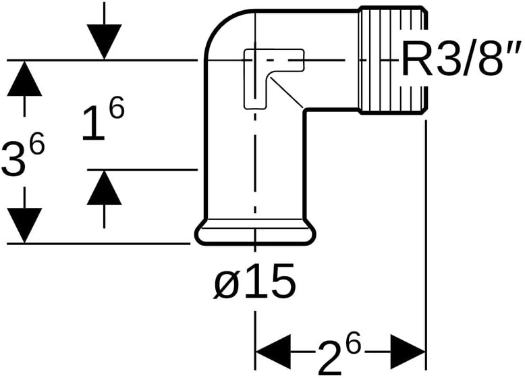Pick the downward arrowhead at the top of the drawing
104,41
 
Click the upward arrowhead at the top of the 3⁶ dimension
25,78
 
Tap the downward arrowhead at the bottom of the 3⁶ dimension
25,225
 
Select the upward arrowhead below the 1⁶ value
104,188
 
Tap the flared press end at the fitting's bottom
254,233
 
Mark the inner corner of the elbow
304,110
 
